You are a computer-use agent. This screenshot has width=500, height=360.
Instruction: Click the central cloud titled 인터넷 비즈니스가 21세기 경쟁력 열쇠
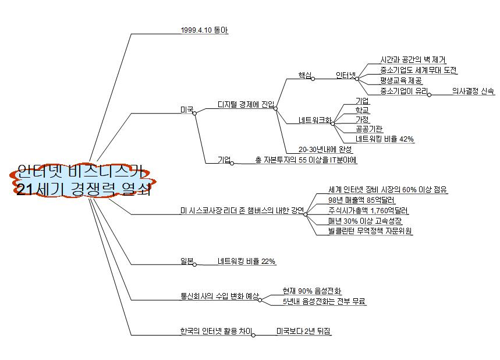coord(81,181)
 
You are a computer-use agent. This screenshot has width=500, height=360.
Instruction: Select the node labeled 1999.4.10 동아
coord(204,30)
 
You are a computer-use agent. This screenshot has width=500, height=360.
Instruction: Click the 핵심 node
coord(304,75)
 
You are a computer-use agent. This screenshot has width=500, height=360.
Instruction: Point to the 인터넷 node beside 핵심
coord(347,75)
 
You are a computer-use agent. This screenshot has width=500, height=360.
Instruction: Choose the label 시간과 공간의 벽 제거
coord(413,60)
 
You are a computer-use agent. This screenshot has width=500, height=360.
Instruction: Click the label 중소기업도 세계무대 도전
coord(418,70)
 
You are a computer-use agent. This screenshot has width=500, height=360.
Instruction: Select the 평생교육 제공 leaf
coord(400,80)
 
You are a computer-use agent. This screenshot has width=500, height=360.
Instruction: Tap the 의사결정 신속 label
coord(473,91)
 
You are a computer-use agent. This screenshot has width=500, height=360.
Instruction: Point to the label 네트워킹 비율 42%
coord(384,139)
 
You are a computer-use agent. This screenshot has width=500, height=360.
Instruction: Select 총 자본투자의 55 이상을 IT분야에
coord(305,160)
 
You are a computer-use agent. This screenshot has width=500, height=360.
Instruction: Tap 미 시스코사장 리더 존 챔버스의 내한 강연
coord(242,210)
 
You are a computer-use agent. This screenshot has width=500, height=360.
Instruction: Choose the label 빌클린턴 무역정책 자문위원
coord(370,231)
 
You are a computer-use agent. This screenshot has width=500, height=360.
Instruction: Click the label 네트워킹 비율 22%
coord(246,261)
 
